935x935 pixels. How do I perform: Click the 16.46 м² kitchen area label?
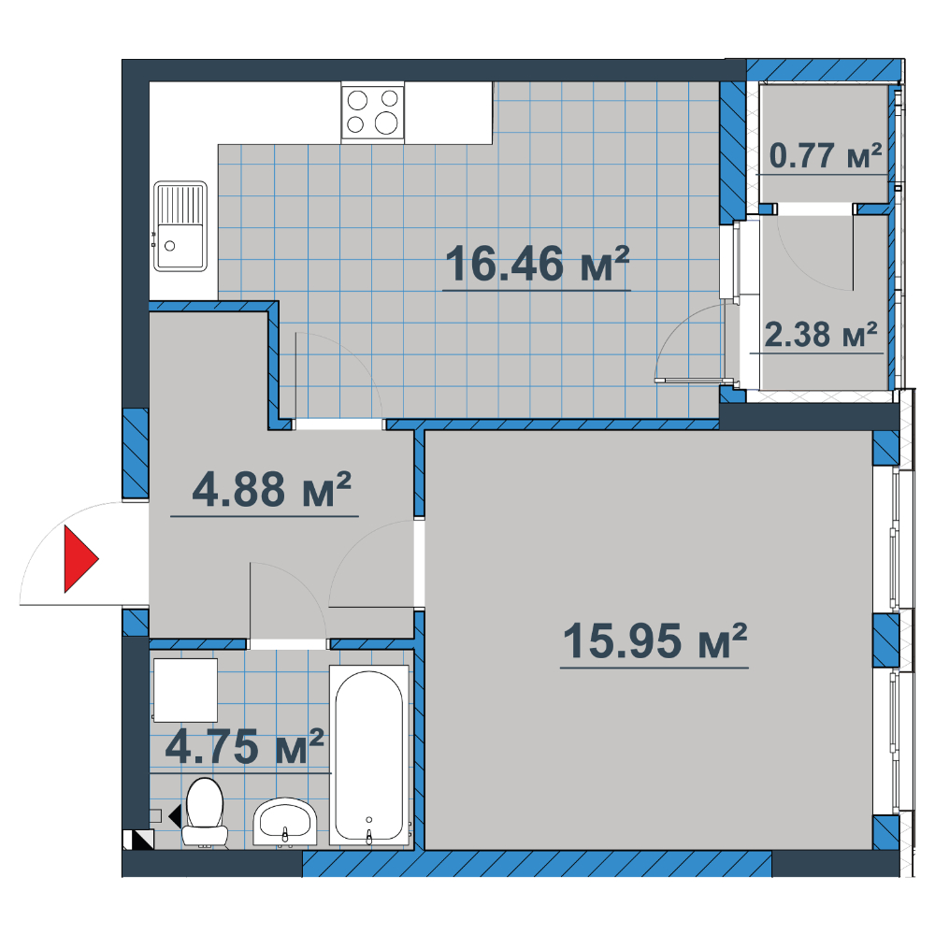click(x=537, y=264)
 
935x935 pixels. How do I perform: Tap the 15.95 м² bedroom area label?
click(x=654, y=641)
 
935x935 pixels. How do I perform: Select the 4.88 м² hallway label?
click(x=271, y=489)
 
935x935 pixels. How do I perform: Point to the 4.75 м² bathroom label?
click(x=244, y=746)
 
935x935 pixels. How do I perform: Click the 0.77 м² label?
click(x=826, y=155)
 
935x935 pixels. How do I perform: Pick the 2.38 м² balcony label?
click(x=821, y=334)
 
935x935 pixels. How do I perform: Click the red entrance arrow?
click(x=81, y=559)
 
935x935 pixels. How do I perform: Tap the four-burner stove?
click(x=373, y=111)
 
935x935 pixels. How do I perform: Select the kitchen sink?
click(x=180, y=226)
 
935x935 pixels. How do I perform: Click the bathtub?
click(x=369, y=755)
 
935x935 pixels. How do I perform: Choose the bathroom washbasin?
click(x=284, y=822)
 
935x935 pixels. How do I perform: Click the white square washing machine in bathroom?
click(x=185, y=690)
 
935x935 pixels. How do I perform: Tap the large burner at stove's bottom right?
click(x=386, y=123)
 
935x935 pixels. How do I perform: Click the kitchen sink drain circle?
click(x=170, y=246)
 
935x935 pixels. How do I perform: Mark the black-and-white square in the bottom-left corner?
click(x=139, y=840)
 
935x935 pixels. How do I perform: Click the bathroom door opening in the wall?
click(x=287, y=644)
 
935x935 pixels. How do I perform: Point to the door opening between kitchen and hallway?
click(x=338, y=424)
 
